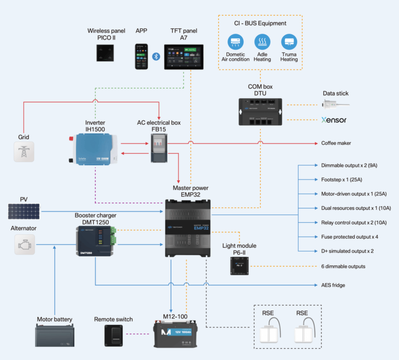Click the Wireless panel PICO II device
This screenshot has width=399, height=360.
[107, 53]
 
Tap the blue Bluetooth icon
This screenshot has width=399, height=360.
[155, 56]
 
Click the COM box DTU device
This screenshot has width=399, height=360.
[259, 111]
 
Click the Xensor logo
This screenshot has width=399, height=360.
[334, 120]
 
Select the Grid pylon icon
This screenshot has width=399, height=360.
[23, 153]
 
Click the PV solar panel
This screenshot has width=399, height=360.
[23, 211]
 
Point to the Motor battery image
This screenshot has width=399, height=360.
[55, 335]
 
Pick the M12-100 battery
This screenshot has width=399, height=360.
[179, 334]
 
